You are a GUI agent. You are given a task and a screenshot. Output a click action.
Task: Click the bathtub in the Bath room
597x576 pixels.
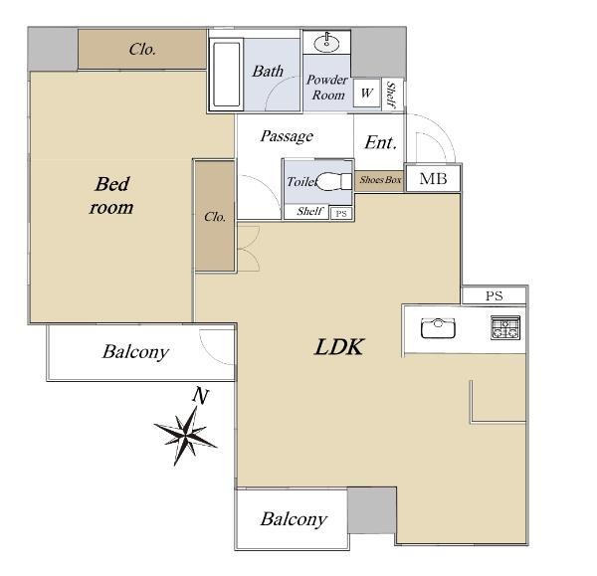(226, 75)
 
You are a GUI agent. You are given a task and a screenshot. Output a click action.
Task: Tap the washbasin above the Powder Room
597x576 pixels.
(326, 43)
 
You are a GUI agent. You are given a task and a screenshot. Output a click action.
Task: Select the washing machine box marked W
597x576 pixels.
(366, 93)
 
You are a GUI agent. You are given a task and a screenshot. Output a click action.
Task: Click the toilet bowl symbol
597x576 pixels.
(334, 181)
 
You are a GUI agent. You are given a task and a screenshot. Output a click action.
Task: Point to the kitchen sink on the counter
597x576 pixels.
(438, 327)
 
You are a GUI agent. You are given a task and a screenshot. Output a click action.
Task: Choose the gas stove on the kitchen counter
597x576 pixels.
(505, 327)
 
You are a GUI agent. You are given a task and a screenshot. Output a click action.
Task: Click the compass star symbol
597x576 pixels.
(185, 435)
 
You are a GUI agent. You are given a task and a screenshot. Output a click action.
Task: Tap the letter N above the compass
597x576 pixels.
(200, 396)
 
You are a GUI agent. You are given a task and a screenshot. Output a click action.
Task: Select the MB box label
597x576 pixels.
(433, 178)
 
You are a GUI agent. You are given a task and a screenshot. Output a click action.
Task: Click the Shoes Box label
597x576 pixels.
(380, 180)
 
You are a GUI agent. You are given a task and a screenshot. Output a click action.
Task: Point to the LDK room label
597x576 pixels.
(339, 347)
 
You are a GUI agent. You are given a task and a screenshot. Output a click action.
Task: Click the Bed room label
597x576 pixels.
(111, 196)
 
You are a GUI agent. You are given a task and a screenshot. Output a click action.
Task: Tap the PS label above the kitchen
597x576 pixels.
(495, 295)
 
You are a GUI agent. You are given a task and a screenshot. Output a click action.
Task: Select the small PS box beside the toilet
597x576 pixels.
(341, 213)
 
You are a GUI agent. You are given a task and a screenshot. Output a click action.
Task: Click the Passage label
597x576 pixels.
(287, 136)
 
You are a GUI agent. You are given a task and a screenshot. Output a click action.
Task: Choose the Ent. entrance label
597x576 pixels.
(381, 143)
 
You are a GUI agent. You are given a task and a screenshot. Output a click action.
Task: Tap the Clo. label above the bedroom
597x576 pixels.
(142, 49)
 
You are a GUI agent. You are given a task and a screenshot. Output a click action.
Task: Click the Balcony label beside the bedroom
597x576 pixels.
(135, 352)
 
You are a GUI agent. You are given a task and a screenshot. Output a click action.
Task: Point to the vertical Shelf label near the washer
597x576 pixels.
(391, 95)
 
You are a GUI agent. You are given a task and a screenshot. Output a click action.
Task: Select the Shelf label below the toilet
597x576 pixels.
(310, 211)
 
